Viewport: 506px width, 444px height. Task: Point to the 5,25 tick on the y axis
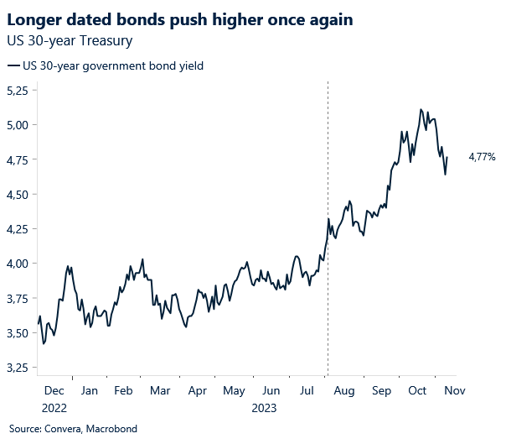click(x=18, y=90)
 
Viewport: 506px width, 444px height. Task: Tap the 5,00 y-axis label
click(x=18, y=125)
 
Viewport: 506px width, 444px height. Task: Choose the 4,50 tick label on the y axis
click(x=18, y=195)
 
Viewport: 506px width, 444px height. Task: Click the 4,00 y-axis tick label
click(x=18, y=264)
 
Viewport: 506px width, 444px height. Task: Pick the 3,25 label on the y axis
click(x=18, y=368)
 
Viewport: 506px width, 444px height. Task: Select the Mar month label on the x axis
click(x=160, y=391)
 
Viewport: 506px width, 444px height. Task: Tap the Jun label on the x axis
click(x=271, y=391)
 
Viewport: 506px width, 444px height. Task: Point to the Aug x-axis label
click(x=344, y=391)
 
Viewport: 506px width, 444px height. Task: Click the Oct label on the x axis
click(x=417, y=391)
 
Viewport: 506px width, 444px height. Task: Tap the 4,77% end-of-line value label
click(x=482, y=157)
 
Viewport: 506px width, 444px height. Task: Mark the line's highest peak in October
click(x=421, y=109)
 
